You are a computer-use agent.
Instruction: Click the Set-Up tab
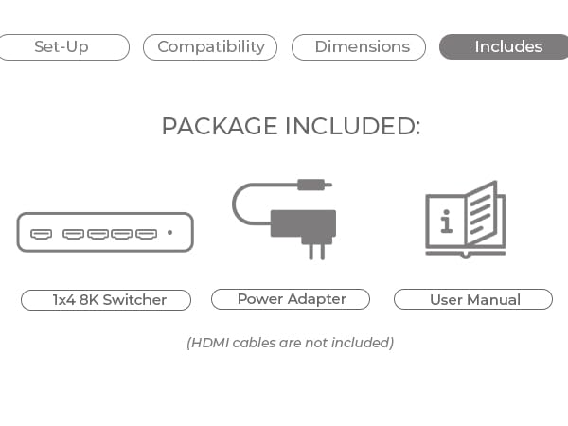coord(62,47)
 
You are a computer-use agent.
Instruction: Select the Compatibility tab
coord(210,47)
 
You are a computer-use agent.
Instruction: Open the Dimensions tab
coord(362,47)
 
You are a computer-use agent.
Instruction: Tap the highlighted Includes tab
coord(507,47)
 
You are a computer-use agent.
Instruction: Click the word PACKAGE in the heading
coord(220,127)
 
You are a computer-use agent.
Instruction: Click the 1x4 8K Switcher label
coord(106,300)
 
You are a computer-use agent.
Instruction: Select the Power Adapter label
coord(291,299)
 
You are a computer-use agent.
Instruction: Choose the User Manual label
coord(473,300)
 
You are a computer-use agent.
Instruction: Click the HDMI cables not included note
coord(290,343)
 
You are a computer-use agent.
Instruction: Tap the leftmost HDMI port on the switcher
coord(42,233)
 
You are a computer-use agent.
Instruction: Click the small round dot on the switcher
coord(170,233)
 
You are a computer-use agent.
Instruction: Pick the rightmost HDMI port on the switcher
coord(146,233)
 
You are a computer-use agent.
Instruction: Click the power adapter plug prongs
coord(315,250)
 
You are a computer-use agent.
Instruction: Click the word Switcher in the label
coord(134,300)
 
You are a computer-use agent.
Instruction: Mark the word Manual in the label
coord(493,300)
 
